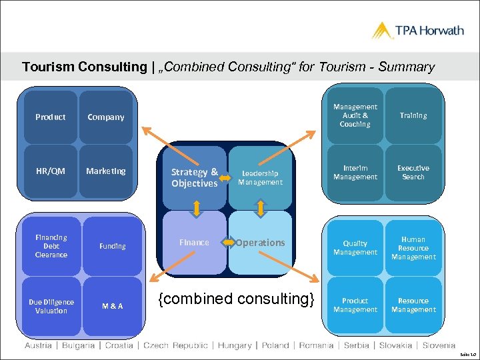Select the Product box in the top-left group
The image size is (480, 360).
tap(51, 117)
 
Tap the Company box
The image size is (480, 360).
tap(105, 117)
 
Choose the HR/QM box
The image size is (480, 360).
tap(51, 171)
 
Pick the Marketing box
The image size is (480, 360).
tap(105, 171)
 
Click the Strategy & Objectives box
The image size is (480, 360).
tap(194, 177)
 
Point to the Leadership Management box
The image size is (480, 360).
tap(260, 177)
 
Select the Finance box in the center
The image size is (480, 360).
tap(194, 243)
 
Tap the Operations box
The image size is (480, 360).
tap(260, 243)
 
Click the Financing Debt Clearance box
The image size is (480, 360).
tap(51, 246)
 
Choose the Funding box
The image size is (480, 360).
tap(112, 246)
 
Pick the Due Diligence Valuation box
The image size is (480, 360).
tap(51, 306)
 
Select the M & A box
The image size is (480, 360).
tap(112, 306)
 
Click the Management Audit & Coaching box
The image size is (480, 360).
tap(355, 115)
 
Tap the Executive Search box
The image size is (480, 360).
tap(413, 172)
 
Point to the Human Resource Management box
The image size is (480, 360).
tap(413, 247)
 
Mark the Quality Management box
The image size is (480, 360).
tap(355, 247)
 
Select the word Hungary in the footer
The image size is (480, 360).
tap(235, 345)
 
